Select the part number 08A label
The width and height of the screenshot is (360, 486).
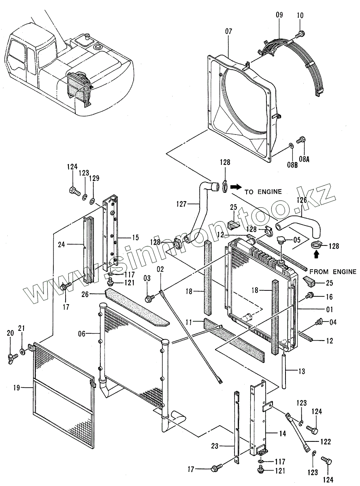(304, 159)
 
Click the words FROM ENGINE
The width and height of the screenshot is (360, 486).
(333, 271)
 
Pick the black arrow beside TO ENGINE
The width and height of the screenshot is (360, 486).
(235, 187)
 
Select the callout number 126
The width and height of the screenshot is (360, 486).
(302, 200)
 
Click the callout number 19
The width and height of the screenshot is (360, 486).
(17, 387)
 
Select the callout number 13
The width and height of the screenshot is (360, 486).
(301, 371)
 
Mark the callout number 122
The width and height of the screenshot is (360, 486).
(325, 441)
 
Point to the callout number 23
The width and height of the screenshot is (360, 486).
(215, 446)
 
